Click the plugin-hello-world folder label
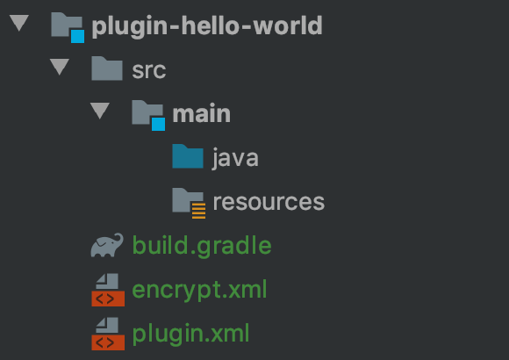tap(207, 26)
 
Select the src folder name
tap(149, 70)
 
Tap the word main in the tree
tap(201, 114)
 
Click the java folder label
tap(235, 158)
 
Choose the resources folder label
tap(269, 202)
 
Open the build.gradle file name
tap(202, 246)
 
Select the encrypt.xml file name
tap(199, 290)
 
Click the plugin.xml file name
tap(190, 334)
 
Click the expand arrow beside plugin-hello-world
tap(19, 23)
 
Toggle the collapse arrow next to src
tap(60, 67)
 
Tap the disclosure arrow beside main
tap(100, 111)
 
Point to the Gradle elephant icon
tap(107, 245)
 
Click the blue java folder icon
tap(188, 156)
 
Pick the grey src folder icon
tap(107, 68)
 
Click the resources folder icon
tap(189, 203)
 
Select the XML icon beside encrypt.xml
tap(108, 290)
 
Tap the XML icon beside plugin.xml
tap(108, 334)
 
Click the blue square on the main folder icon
tap(159, 124)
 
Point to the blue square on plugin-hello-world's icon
tap(77, 36)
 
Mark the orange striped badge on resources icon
tap(198, 211)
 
